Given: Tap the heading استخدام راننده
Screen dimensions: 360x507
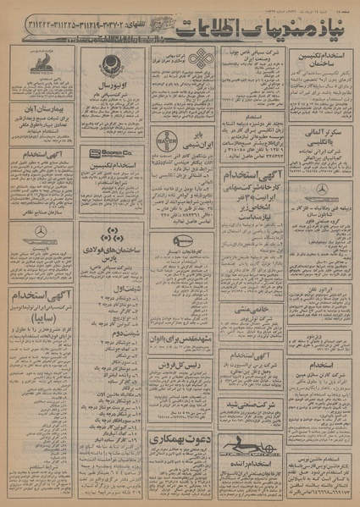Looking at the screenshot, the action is [x=246, y=464].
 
